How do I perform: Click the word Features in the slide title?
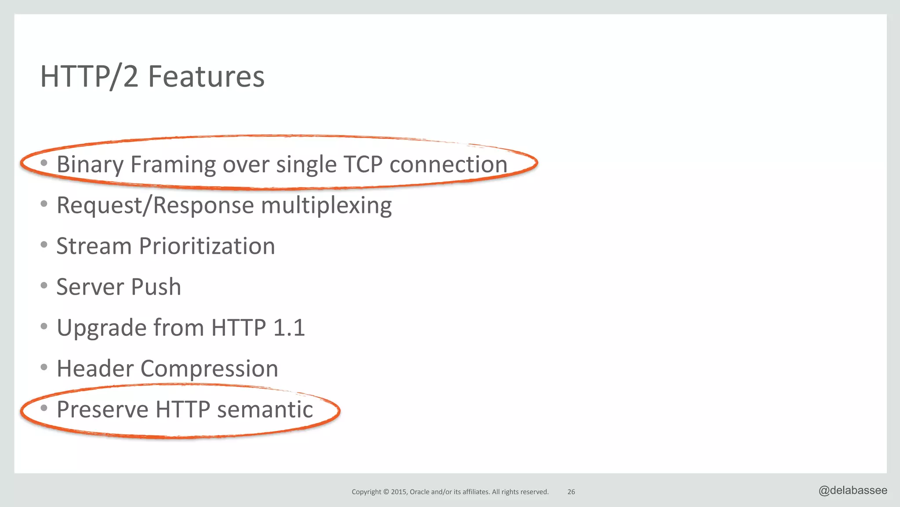(206, 77)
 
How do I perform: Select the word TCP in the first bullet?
(363, 164)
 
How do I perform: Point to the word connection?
(448, 164)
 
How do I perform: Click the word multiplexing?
(326, 206)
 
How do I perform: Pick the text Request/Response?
(155, 205)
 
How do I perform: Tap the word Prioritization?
(207, 246)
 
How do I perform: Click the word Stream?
(94, 246)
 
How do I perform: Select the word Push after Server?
(156, 287)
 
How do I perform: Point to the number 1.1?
(289, 328)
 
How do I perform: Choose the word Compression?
(209, 368)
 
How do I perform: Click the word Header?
(95, 368)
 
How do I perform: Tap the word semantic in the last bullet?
(265, 409)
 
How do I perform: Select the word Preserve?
(102, 409)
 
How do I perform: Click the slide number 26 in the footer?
(571, 492)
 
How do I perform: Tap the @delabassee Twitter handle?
(853, 490)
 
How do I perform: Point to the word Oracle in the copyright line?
(419, 492)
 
